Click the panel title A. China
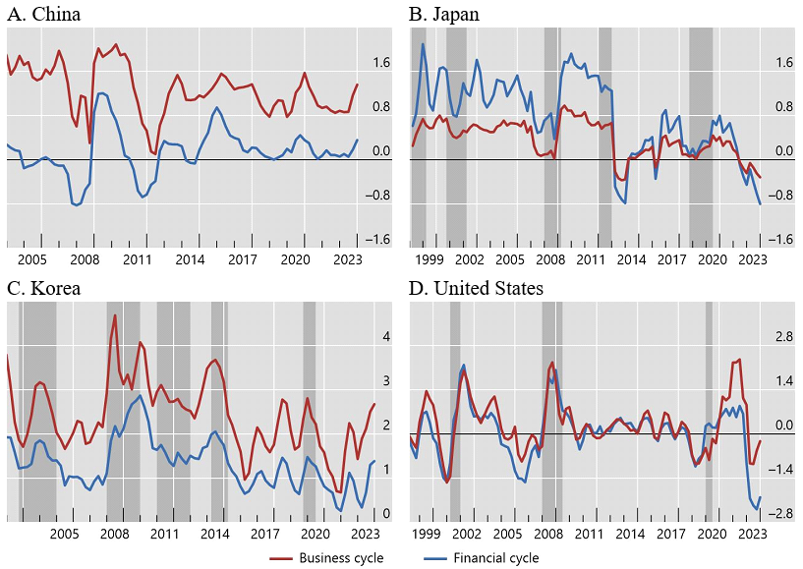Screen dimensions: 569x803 (x=44, y=14)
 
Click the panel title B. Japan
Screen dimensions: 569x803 (x=444, y=14)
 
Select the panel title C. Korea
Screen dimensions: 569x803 (x=44, y=288)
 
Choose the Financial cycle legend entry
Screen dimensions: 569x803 (x=495, y=557)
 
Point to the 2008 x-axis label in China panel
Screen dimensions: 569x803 (x=84, y=259)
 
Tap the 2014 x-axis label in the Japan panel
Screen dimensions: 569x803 (x=630, y=259)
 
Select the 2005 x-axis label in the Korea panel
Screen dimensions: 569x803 (x=64, y=534)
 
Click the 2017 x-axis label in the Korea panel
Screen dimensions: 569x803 (x=264, y=534)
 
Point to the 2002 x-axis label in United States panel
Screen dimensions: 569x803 (x=467, y=534)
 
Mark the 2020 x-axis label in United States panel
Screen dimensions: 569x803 (x=712, y=534)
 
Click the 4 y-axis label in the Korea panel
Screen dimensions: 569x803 (x=386, y=337)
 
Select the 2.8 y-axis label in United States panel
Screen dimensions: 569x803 (x=783, y=337)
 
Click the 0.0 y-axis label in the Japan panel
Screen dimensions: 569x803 (x=783, y=151)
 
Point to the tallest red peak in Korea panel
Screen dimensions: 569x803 (x=115, y=315)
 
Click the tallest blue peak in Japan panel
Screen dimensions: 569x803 (x=423, y=43)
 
